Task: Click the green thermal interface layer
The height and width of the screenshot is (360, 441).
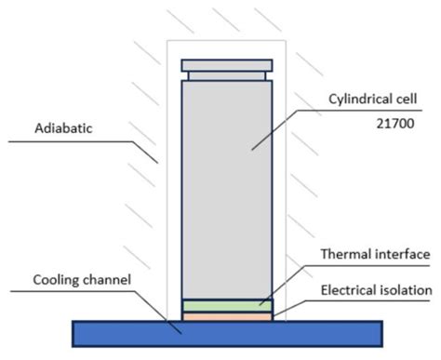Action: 226,305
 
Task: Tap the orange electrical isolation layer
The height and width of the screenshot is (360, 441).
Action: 226,316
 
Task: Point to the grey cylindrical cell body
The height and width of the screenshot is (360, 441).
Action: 226,186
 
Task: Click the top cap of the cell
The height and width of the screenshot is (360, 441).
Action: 226,66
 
